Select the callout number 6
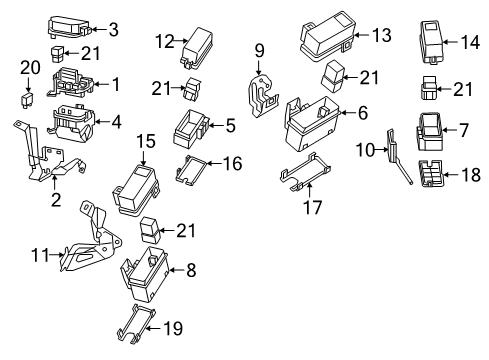(362, 113)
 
